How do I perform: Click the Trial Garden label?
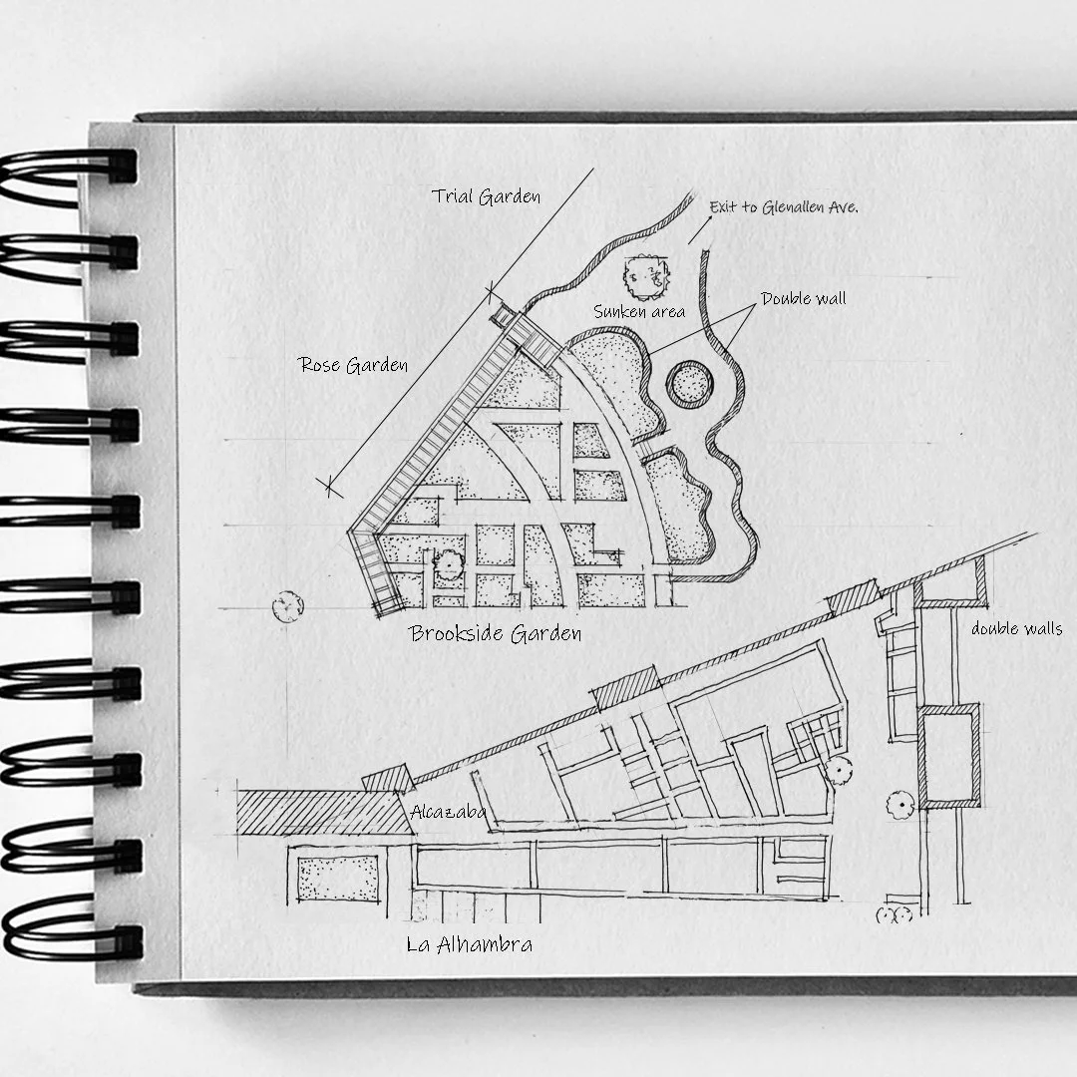pyautogui.click(x=487, y=196)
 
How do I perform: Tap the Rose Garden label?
pyautogui.click(x=354, y=365)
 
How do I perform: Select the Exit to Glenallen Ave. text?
pyautogui.click(x=784, y=207)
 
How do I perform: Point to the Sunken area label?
pyautogui.click(x=639, y=312)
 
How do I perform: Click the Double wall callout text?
pyautogui.click(x=804, y=298)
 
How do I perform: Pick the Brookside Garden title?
pyautogui.click(x=496, y=633)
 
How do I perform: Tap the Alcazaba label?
pyautogui.click(x=448, y=812)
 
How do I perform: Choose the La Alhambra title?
pyautogui.click(x=469, y=944)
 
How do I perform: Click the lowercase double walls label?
pyautogui.click(x=1016, y=628)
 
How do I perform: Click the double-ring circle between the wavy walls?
pyautogui.click(x=690, y=383)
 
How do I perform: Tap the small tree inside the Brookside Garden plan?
pyautogui.click(x=448, y=564)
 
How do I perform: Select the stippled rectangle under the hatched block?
pyautogui.click(x=338, y=878)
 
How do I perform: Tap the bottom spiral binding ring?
pyautogui.click(x=70, y=937)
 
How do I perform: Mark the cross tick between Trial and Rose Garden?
pyautogui.click(x=493, y=291)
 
